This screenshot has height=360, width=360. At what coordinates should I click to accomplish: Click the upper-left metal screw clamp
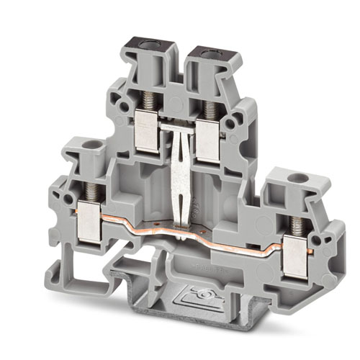146,134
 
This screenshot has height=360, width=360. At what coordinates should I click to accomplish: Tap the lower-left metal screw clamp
90,219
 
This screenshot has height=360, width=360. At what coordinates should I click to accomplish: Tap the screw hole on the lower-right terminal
292,176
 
